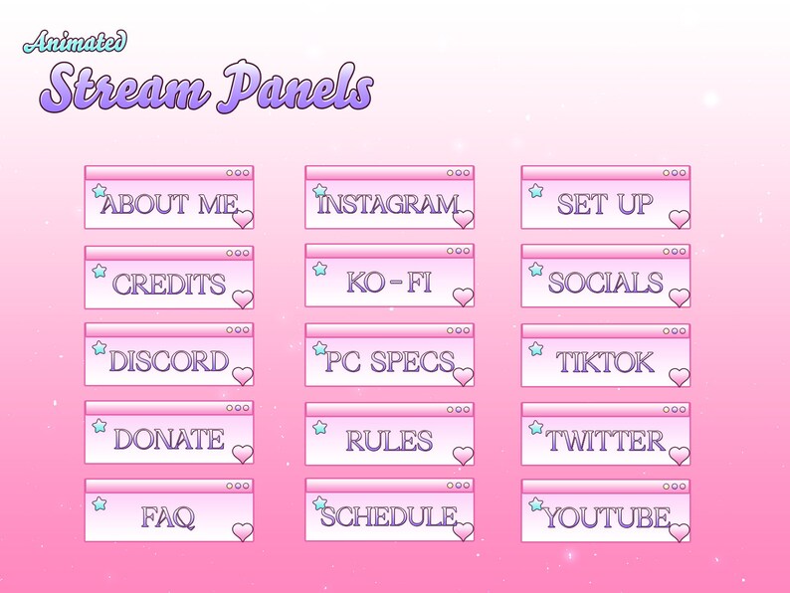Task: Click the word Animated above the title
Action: [76, 41]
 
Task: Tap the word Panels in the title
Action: [296, 91]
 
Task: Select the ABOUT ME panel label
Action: [169, 205]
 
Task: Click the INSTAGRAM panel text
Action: [387, 205]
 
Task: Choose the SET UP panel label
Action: [605, 205]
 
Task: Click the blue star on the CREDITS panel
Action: [99, 270]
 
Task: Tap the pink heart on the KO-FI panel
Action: [463, 296]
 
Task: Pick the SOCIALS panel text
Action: [605, 283]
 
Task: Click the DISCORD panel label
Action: [169, 361]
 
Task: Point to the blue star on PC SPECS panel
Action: [320, 349]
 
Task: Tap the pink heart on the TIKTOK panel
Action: [679, 376]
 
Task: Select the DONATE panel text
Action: [169, 439]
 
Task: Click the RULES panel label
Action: [388, 440]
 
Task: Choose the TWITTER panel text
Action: [605, 440]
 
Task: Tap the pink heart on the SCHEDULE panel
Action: [463, 531]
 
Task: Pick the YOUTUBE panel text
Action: [605, 517]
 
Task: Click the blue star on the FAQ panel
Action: [99, 504]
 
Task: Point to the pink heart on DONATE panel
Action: [243, 455]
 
